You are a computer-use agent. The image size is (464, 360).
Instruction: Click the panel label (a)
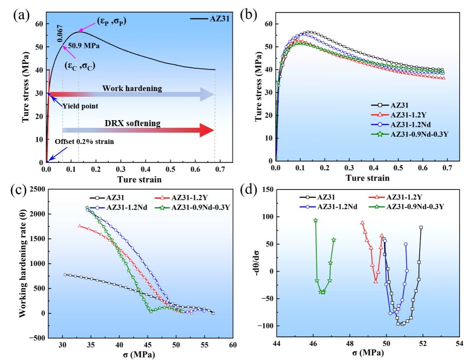(21, 15)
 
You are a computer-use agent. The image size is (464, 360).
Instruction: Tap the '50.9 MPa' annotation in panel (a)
(84, 46)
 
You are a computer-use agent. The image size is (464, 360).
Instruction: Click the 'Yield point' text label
(80, 106)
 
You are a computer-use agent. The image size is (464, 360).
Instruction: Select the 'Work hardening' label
(132, 88)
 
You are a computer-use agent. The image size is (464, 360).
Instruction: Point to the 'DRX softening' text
(133, 123)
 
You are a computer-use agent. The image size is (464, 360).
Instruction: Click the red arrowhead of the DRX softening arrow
(207, 130)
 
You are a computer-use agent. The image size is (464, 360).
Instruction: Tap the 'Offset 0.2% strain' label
(84, 142)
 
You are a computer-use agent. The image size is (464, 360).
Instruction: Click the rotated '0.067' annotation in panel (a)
(60, 33)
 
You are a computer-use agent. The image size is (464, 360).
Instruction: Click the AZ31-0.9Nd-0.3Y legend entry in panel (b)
(410, 134)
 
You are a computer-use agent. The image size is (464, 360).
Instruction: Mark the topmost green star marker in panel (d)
(316, 221)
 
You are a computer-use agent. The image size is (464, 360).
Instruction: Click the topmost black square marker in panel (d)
(421, 227)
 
